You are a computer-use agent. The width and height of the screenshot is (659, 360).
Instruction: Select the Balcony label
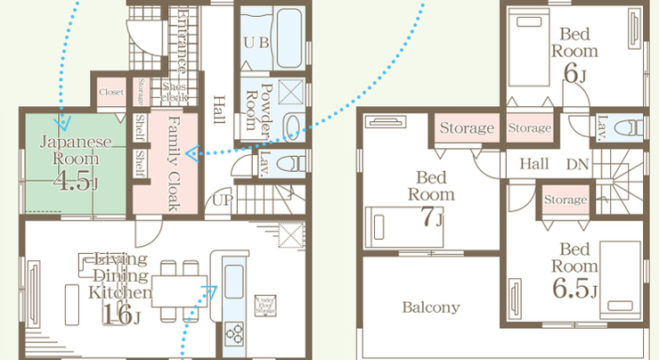(x=430, y=308)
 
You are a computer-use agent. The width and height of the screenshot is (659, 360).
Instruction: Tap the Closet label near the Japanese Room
(x=111, y=91)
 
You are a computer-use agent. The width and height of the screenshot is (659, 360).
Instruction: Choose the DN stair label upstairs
(x=577, y=164)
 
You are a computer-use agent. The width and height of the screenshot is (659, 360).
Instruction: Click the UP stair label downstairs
(x=221, y=200)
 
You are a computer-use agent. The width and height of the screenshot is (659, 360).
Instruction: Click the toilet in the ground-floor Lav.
(x=293, y=163)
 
